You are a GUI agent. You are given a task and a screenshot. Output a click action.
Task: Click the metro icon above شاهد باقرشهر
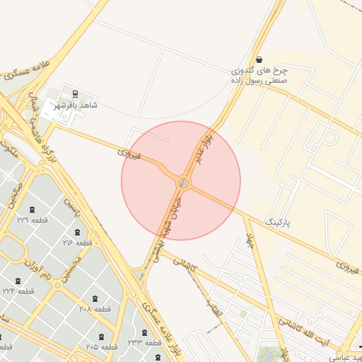(x=76, y=93)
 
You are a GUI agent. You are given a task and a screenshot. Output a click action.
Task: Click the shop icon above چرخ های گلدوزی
(x=261, y=60)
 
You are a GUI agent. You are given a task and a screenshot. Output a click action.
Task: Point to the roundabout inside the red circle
(x=184, y=183)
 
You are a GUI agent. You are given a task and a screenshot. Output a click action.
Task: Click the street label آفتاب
(x=214, y=310)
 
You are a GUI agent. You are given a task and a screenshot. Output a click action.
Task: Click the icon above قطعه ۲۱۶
(x=78, y=233)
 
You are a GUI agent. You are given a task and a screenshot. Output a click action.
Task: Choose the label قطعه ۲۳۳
(x=145, y=343)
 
